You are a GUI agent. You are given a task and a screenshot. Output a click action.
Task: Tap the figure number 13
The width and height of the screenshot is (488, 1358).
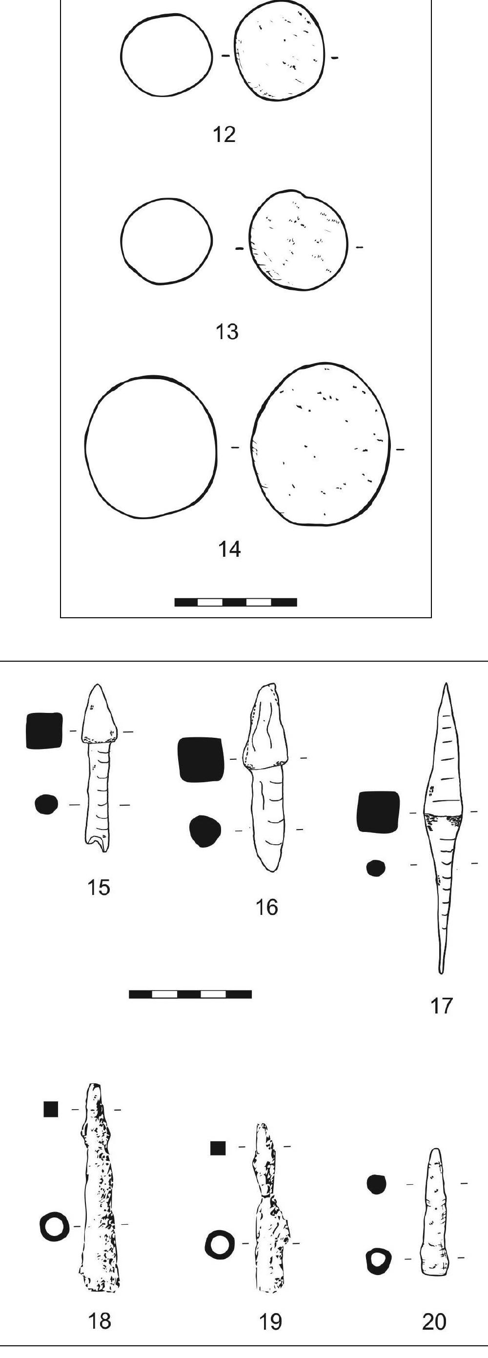pos(227,332)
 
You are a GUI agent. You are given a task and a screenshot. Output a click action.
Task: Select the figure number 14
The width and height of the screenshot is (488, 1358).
pos(229,549)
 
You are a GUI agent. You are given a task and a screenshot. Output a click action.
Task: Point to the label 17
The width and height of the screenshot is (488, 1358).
pos(442,1006)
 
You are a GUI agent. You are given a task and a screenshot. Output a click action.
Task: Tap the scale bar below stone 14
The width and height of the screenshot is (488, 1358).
pos(236,602)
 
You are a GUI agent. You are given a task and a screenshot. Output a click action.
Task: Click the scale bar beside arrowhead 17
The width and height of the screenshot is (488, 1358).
pos(190,994)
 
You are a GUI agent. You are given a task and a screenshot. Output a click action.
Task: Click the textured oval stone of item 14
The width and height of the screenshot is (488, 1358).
pos(322,444)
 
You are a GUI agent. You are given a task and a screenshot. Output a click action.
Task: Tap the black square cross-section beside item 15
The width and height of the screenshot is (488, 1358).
pos(44,730)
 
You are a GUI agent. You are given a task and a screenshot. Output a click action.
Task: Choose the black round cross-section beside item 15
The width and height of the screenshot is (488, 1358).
pos(46,805)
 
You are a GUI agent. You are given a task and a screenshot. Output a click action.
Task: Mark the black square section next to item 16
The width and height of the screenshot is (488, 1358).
pos(201,759)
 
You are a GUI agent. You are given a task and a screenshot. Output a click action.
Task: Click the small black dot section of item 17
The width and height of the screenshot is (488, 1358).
pos(376,868)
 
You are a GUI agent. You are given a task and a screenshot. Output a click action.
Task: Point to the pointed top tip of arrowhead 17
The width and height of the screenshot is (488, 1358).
pos(447,684)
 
